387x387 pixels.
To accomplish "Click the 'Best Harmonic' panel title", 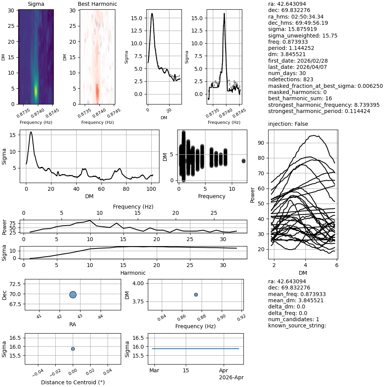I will click(x=97, y=4).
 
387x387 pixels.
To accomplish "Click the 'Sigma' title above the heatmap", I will click(x=36, y=4).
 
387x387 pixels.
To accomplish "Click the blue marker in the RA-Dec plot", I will click(x=73, y=295).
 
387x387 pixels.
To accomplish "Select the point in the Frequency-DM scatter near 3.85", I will click(x=196, y=295).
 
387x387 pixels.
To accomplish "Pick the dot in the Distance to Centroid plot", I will click(x=73, y=349).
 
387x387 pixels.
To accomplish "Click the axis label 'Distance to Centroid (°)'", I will click(x=73, y=382).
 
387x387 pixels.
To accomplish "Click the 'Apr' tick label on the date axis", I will click(x=224, y=370).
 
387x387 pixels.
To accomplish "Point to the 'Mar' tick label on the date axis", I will click(x=154, y=370).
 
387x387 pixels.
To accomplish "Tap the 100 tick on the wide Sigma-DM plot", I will click(x=151, y=188).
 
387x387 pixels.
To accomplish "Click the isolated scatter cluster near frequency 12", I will click(x=243, y=161).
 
